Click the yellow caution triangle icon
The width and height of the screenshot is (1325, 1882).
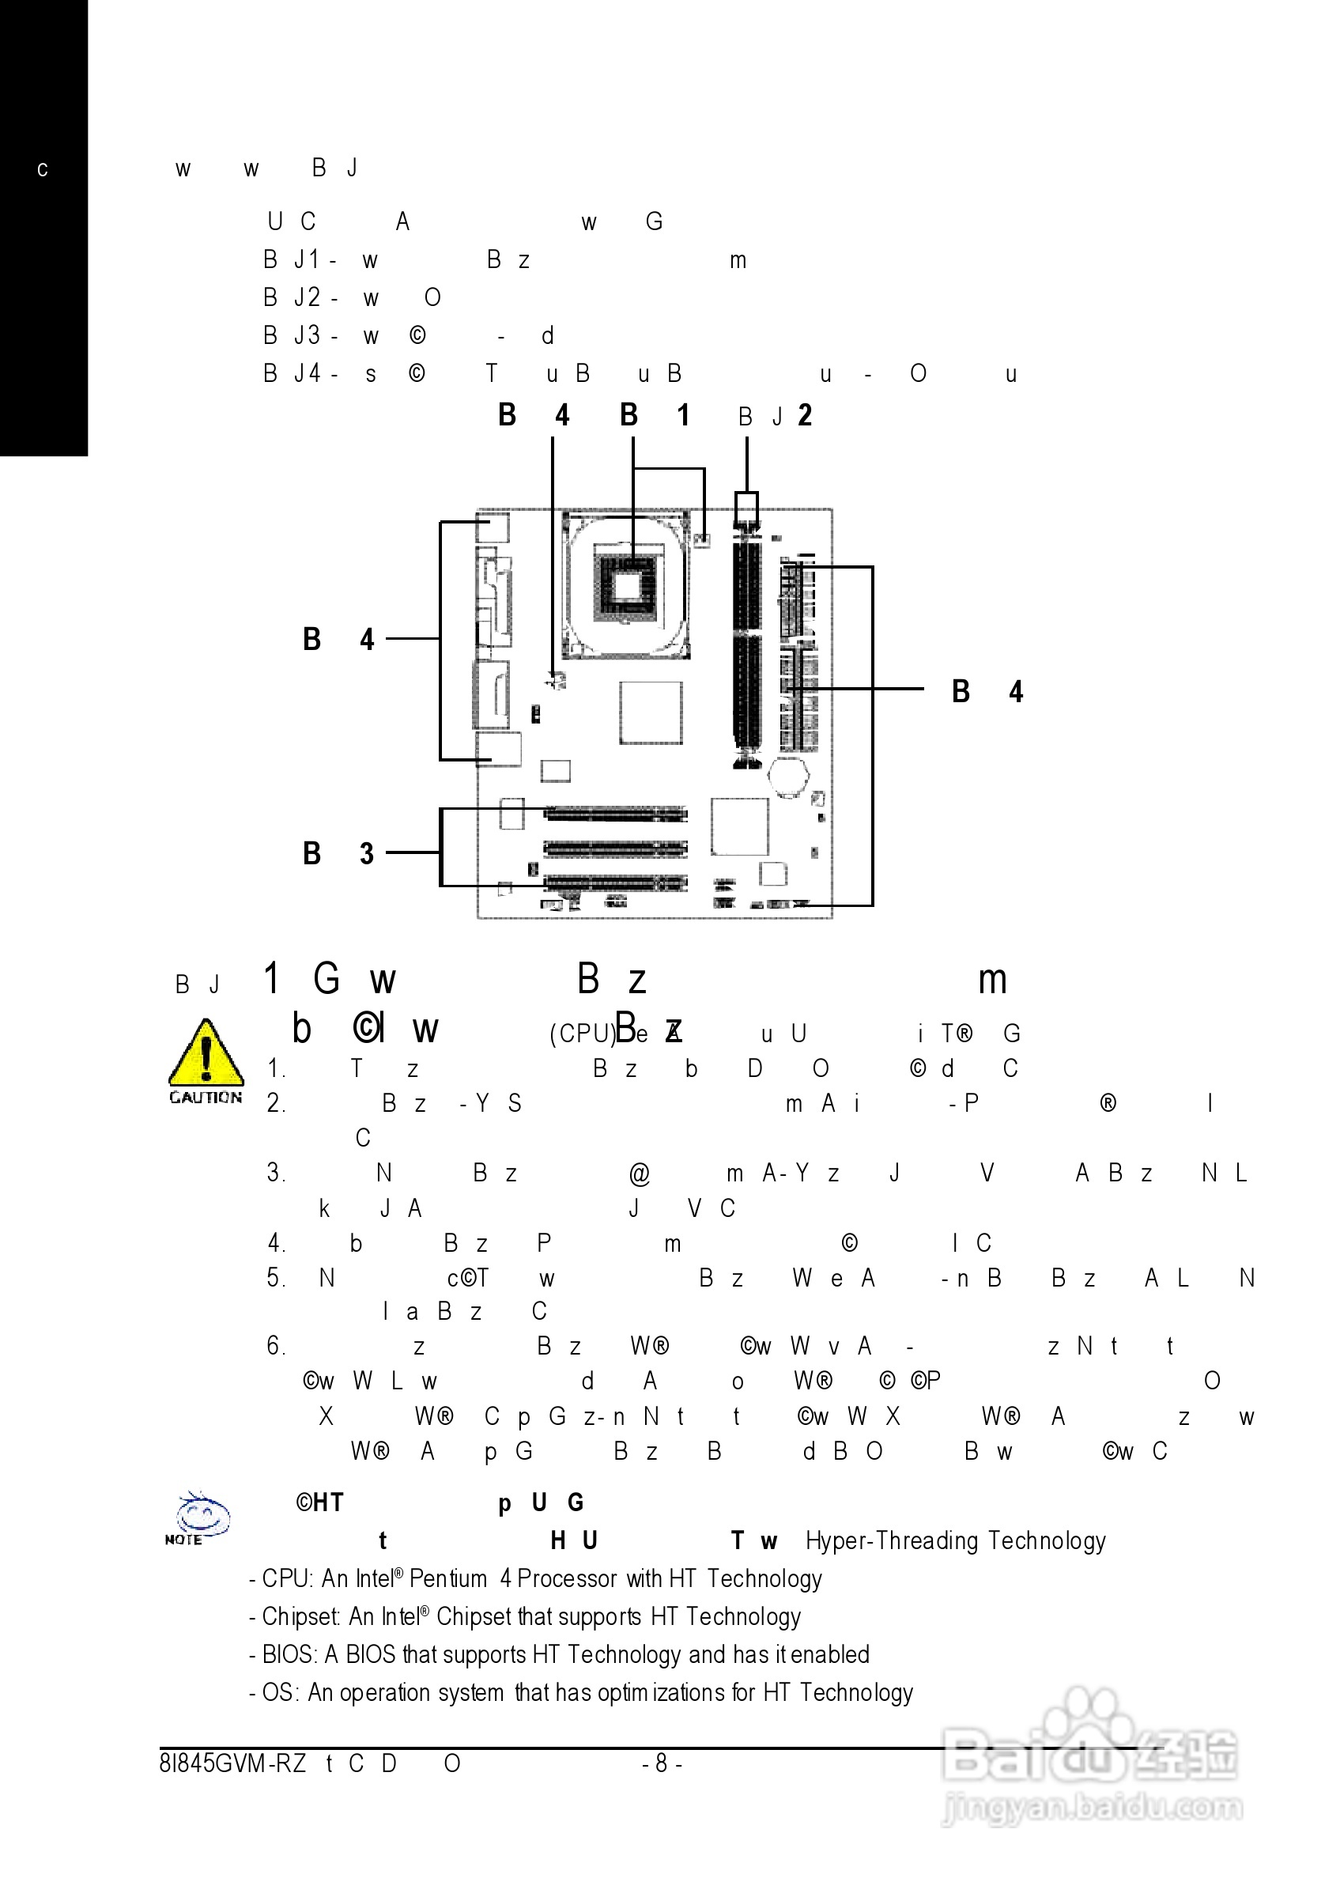206,1056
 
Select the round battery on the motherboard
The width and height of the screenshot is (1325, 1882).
788,775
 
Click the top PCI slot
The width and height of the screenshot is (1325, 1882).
615,813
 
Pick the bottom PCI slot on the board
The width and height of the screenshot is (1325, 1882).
615,882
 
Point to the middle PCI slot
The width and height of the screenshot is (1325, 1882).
615,848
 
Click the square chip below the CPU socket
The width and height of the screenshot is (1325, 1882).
651,712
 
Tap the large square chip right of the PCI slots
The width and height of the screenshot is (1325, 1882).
740,826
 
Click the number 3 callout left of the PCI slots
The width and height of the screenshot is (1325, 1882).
367,853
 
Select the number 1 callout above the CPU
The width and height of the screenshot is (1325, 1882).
682,416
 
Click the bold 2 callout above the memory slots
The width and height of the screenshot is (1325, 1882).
806,416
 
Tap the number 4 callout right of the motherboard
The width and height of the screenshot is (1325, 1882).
1016,692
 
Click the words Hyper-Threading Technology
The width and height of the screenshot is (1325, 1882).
956,1541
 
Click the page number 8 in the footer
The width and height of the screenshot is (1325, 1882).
661,1763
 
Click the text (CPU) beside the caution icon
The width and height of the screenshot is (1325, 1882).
582,1034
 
